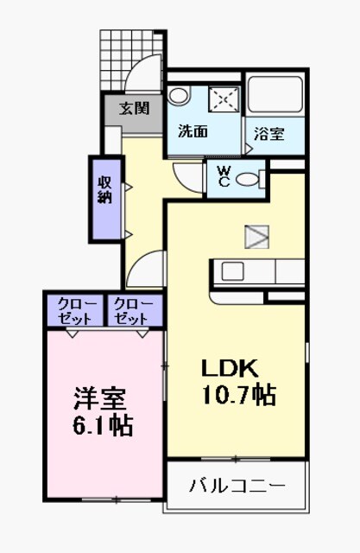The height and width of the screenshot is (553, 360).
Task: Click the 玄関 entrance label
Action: click(134, 109)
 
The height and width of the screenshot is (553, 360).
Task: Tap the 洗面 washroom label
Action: click(193, 132)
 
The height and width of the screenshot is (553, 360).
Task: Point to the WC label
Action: click(223, 177)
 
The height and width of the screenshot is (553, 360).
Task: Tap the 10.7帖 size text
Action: click(239, 396)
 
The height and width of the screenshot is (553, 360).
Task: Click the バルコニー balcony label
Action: click(237, 486)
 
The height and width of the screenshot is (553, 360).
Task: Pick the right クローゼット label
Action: click(131, 311)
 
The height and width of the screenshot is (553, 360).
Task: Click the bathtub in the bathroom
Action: click(275, 94)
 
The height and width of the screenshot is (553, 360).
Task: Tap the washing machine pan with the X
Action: click(225, 99)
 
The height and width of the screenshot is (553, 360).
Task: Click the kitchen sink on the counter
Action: click(232, 270)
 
